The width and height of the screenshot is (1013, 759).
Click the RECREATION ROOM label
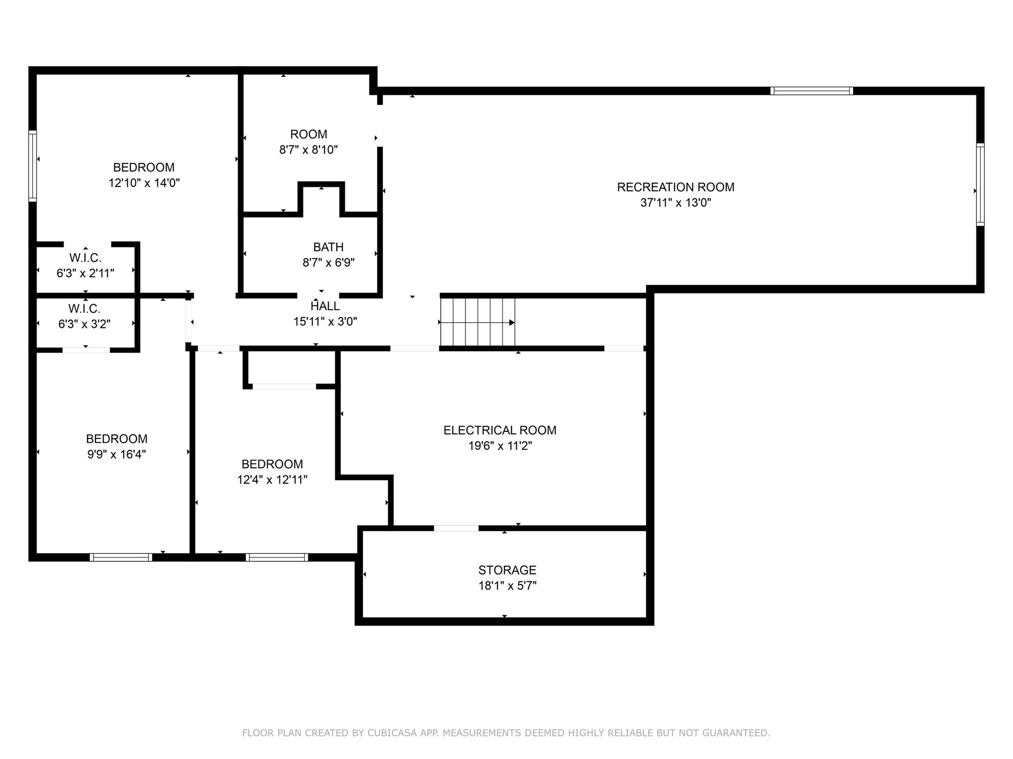click(675, 187)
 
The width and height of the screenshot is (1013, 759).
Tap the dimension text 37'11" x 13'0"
click(675, 203)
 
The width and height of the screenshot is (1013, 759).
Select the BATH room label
click(328, 247)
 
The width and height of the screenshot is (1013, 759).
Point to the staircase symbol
click(478, 322)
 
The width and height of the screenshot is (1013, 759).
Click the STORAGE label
click(507, 570)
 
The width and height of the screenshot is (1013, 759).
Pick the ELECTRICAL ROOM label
click(500, 430)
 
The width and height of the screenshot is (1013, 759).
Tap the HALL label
click(325, 306)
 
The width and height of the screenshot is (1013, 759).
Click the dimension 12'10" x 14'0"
click(144, 183)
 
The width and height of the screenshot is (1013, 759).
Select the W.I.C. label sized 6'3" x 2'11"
click(85, 258)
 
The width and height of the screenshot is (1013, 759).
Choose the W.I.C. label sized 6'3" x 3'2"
click(84, 309)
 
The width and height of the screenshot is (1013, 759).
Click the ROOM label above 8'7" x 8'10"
click(308, 134)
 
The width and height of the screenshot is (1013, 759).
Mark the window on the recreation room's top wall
click(811, 91)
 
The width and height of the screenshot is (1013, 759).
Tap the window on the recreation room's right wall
click(980, 184)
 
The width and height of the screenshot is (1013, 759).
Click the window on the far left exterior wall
click(33, 166)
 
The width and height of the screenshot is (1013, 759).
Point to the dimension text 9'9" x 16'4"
click(116, 455)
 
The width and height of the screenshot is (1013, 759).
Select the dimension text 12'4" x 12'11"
click(272, 480)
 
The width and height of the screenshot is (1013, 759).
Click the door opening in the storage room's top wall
click(456, 528)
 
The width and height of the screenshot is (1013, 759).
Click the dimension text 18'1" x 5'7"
click(507, 586)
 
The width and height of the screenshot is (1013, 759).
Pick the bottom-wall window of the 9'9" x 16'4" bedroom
click(121, 557)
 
